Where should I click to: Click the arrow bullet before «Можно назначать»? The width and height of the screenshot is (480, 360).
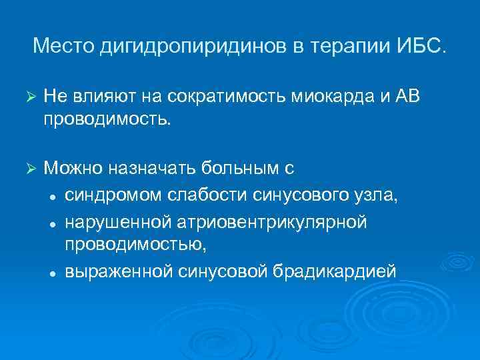click(x=28, y=169)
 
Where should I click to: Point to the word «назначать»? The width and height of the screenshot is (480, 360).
click(x=148, y=169)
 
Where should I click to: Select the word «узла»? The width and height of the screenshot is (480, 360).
click(x=376, y=195)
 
